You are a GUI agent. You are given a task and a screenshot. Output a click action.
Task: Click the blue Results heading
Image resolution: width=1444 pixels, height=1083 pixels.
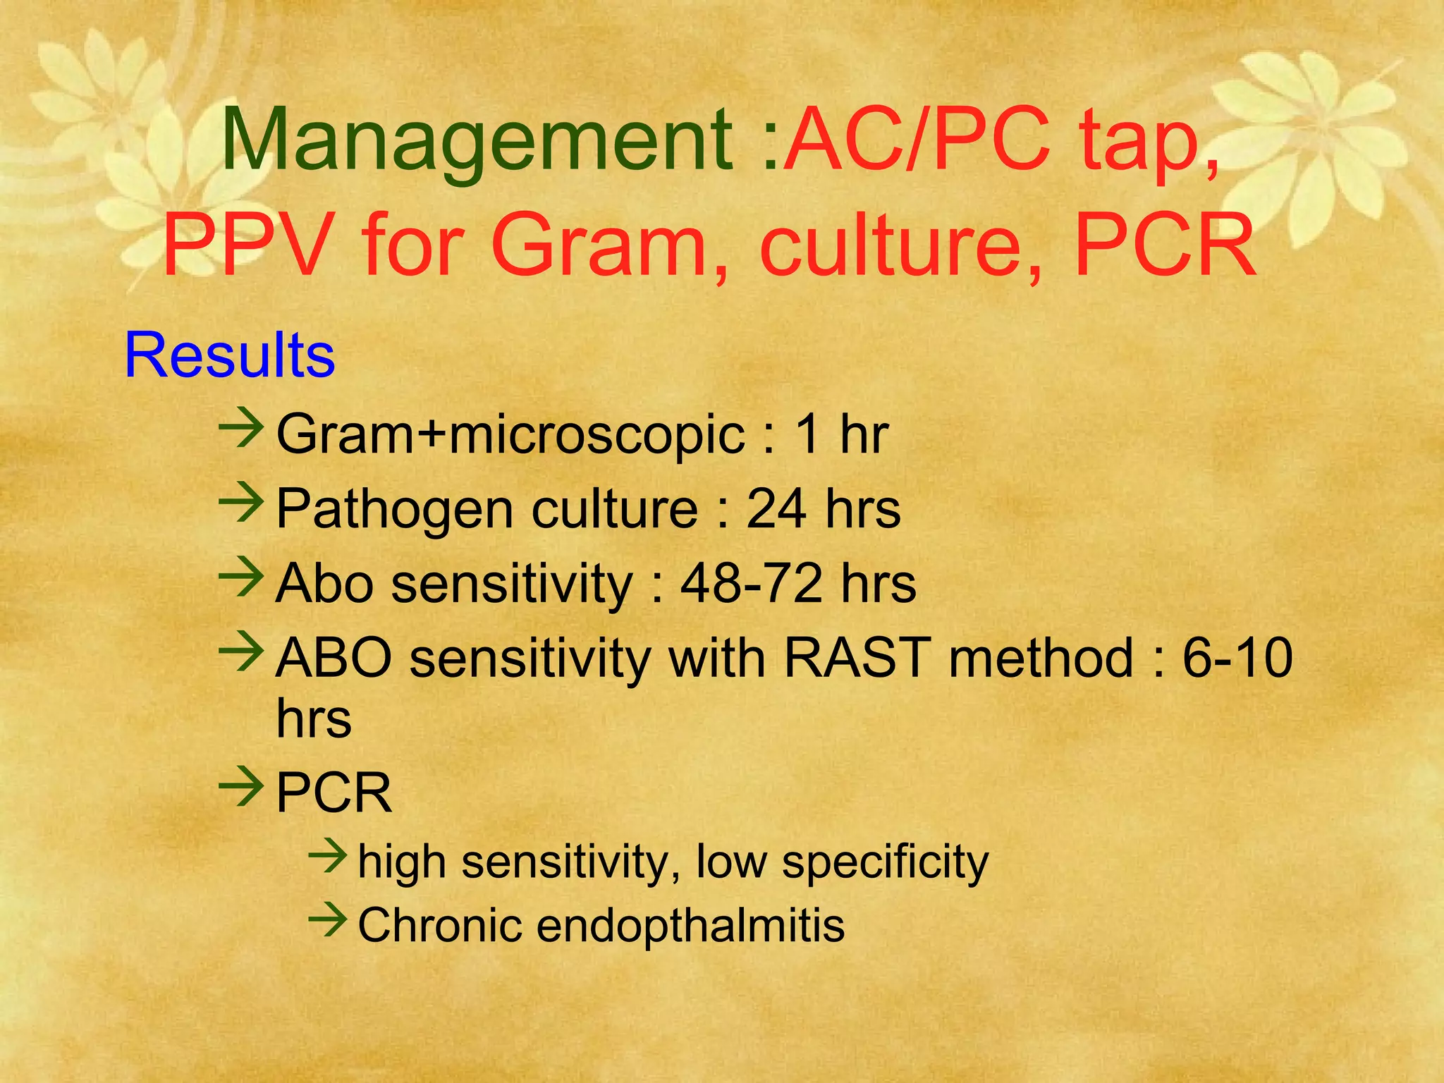point(229,355)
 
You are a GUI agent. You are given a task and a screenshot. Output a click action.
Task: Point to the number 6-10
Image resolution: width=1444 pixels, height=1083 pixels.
point(1237,658)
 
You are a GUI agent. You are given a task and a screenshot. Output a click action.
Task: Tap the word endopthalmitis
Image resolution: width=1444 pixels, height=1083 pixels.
point(690,924)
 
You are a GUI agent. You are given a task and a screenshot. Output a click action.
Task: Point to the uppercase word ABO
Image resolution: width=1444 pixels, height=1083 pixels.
point(334,658)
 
